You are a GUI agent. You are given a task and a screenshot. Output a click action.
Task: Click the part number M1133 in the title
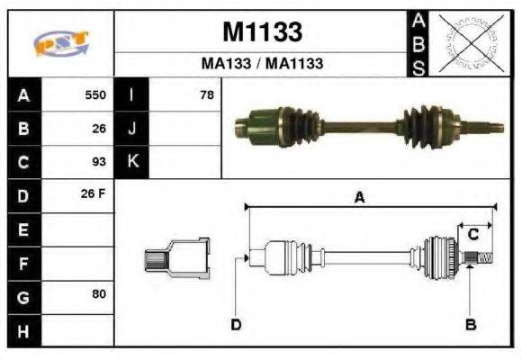[262, 32]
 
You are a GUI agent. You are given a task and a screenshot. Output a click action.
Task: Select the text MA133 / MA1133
[262, 65]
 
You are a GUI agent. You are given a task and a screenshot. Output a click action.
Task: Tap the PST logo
[61, 42]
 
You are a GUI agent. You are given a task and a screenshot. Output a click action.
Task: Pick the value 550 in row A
[95, 94]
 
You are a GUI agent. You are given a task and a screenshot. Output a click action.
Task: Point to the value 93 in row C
[99, 162]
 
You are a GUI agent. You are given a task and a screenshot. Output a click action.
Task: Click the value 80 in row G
[99, 295]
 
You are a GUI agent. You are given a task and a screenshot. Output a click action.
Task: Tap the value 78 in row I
[206, 94]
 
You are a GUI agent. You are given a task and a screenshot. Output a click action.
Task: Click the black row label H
[22, 330]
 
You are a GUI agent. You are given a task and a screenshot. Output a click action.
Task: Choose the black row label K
[132, 162]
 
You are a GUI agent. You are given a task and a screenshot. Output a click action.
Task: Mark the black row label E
[22, 229]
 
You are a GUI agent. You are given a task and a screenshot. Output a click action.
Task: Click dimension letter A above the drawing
[359, 199]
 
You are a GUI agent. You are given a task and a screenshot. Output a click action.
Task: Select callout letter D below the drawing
[236, 325]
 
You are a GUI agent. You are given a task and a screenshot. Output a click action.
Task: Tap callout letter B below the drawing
[470, 325]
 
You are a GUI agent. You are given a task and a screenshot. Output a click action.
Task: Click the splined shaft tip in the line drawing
[481, 260]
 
